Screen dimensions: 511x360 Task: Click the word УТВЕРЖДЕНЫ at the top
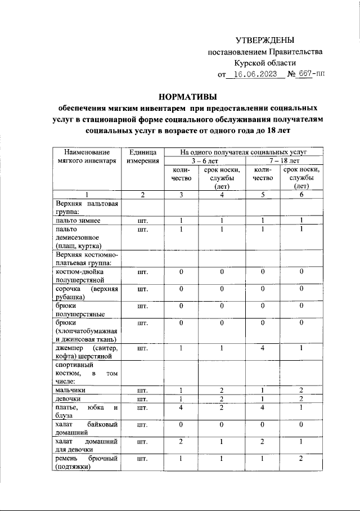point(265,39)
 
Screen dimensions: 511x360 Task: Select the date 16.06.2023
point(255,74)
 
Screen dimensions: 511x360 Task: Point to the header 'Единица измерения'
point(143,156)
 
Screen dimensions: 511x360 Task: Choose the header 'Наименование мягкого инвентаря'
point(86,156)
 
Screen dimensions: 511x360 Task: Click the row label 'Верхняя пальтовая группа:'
point(86,207)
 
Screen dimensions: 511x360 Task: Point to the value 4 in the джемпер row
point(263,348)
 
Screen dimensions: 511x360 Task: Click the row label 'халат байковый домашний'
point(86,427)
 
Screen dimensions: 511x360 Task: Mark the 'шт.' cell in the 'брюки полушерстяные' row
point(143,307)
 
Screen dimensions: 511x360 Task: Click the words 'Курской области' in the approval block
point(265,62)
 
